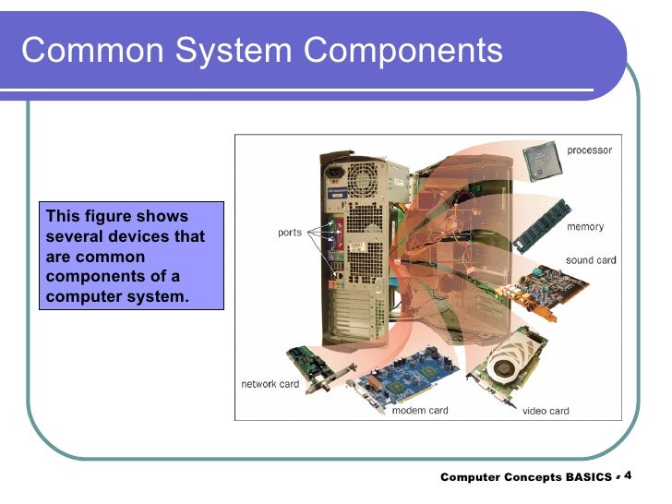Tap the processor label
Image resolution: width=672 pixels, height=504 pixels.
[x=589, y=150]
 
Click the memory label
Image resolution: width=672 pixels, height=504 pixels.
[x=585, y=227]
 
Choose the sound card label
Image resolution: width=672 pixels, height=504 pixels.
[x=591, y=260]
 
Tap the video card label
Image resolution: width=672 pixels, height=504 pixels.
[x=546, y=411]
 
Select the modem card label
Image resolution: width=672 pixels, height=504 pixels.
[x=420, y=411]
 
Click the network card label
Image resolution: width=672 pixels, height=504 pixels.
[x=270, y=384]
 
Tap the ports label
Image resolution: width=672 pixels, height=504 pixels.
[x=290, y=233]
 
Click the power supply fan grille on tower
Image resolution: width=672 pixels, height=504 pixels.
[x=364, y=178]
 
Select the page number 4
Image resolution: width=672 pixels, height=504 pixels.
[x=629, y=475]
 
